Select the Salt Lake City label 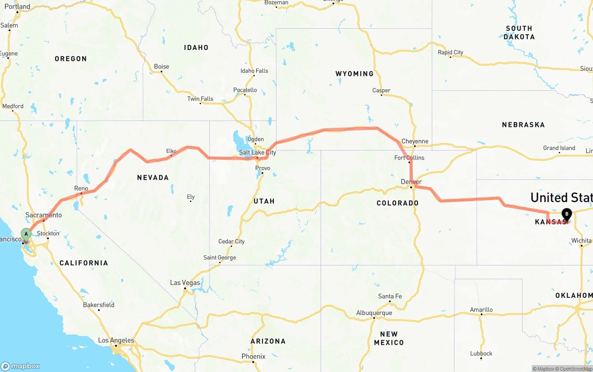click(258, 152)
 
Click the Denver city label click(411, 182)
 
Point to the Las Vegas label click(185, 283)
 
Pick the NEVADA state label click(153, 177)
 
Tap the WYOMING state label click(354, 74)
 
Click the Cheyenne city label click(415, 141)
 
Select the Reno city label click(81, 188)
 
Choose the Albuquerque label click(374, 313)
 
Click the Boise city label click(162, 67)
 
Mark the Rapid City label click(450, 52)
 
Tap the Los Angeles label click(116, 340)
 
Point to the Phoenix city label click(253, 356)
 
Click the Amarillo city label click(481, 309)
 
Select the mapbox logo click(20, 366)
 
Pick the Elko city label click(171, 151)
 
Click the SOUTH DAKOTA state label click(519, 32)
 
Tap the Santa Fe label click(390, 296)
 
